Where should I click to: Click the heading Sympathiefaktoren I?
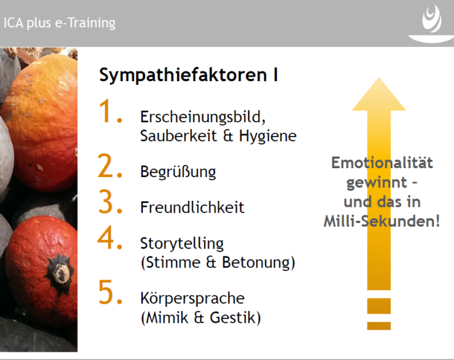pos(189,75)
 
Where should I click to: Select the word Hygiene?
pos(267,136)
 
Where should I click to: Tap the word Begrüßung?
pos(178,172)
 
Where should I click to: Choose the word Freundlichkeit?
pos(193,207)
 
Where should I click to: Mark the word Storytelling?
pos(182,244)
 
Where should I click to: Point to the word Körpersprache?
pos(193,299)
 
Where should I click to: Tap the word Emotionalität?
pos(382,162)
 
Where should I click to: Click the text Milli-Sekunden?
pos(382,222)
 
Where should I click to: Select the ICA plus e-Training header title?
pos(59,23)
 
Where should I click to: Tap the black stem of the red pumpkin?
pos(60,273)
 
